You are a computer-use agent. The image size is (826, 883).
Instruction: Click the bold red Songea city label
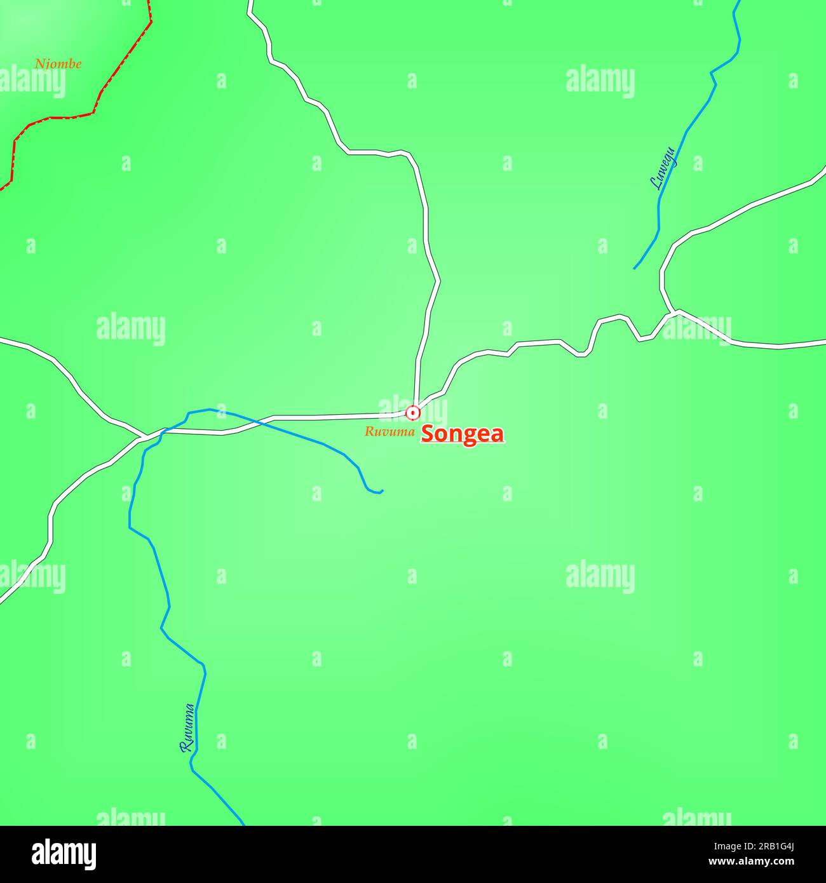coord(463,434)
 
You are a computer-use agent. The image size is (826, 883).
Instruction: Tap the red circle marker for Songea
coord(413,413)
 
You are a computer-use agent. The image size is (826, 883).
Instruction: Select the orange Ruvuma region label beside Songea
coord(389,432)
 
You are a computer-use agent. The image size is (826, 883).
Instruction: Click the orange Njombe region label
coord(58,64)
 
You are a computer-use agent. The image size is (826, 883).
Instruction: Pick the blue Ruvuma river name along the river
coord(187,728)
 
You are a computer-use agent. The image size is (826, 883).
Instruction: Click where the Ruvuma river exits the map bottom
coord(242,823)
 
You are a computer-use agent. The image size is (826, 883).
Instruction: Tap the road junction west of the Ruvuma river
coord(142,437)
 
